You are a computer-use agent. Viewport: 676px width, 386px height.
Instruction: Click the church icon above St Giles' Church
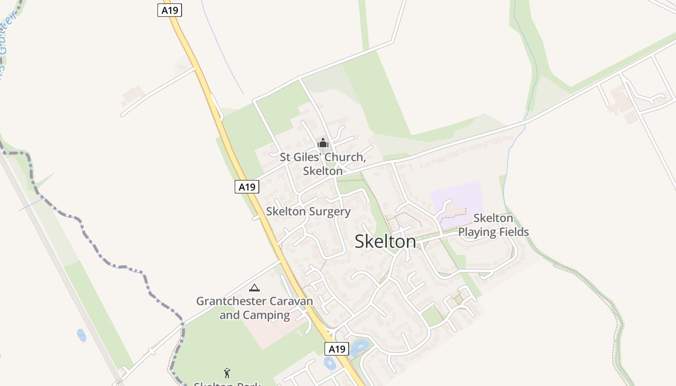tap(323, 143)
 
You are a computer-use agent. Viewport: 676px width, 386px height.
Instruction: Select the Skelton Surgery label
tap(308, 212)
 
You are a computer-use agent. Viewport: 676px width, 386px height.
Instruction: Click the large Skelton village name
tap(385, 242)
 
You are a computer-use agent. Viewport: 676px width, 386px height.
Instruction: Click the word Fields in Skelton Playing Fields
tap(515, 232)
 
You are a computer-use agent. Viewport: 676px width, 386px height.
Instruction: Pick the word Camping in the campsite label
tap(266, 316)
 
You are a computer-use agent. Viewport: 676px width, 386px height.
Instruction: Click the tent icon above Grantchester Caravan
tap(254, 288)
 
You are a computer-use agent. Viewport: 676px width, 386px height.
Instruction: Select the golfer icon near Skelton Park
tap(227, 372)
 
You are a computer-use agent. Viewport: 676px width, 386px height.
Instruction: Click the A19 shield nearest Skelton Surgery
tap(247, 187)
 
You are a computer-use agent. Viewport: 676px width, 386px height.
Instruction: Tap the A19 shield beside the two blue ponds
tap(337, 349)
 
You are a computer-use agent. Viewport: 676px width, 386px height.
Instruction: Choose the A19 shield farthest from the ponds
tap(169, 10)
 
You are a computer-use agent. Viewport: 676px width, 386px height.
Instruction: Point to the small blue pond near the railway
tap(82, 335)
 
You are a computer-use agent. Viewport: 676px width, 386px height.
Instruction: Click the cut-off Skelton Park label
tap(227, 384)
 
